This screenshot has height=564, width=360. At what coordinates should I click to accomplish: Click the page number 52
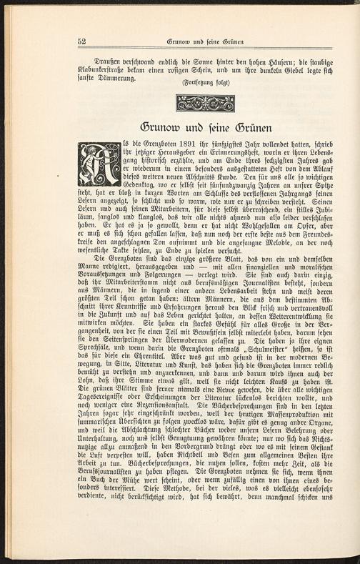[82, 42]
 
